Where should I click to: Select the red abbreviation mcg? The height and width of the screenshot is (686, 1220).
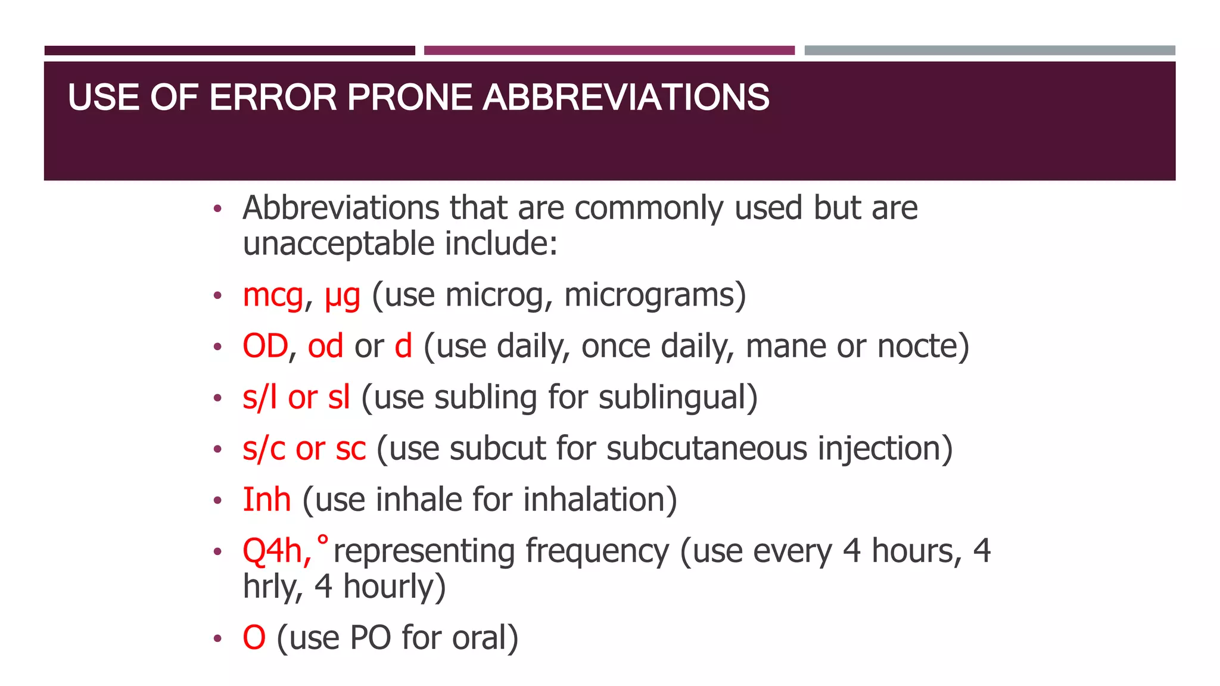[x=273, y=295]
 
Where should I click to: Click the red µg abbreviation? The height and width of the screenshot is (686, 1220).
[x=343, y=297]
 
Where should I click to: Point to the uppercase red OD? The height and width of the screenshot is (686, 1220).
[x=265, y=346]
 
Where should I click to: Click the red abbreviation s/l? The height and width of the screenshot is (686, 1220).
[x=260, y=397]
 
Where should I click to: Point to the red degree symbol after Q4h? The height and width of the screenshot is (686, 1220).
[x=322, y=540]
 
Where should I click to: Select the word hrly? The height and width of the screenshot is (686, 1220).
[x=269, y=587]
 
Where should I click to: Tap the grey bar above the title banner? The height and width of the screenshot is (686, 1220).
[x=989, y=51]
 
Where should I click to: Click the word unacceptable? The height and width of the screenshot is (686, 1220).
[x=338, y=244]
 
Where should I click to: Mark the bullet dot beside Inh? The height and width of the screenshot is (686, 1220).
[x=218, y=500]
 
